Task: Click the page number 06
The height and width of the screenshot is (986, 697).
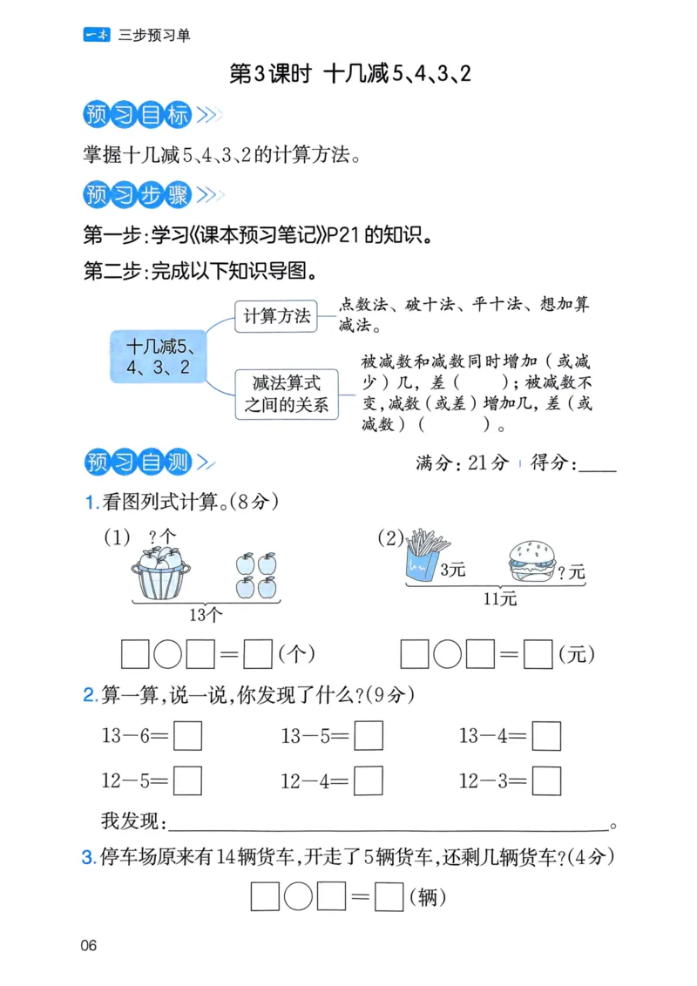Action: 91,945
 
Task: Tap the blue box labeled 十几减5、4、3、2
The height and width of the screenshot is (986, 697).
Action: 159,356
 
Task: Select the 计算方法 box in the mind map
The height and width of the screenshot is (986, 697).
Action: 277,315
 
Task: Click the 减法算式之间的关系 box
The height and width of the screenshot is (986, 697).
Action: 286,394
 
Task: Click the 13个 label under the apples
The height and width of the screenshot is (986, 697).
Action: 206,614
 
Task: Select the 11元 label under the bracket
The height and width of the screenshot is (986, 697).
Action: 500,598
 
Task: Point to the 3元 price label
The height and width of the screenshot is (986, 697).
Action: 453,571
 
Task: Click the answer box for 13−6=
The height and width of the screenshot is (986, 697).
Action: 188,736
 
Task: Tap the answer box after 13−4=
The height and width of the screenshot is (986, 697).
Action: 546,736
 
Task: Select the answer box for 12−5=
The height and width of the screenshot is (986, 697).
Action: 188,780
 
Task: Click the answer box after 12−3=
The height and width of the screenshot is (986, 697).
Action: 546,780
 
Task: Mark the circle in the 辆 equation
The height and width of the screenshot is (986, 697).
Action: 298,896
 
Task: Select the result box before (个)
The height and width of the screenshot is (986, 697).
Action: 258,654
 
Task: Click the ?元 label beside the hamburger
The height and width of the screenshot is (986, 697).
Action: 572,572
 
